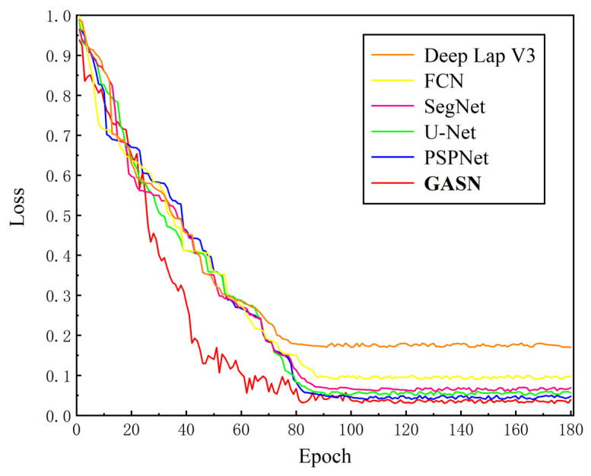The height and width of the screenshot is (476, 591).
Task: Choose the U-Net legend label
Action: click(450, 132)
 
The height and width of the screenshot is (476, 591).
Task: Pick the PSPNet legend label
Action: click(456, 159)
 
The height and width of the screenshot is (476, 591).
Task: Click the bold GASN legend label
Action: click(448, 185)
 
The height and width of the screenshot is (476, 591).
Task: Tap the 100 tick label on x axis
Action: click(351, 430)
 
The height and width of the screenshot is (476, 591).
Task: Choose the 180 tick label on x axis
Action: click(571, 430)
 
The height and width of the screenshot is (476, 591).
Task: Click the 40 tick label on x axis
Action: click(186, 430)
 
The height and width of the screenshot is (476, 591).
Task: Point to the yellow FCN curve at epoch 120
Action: click(406, 376)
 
